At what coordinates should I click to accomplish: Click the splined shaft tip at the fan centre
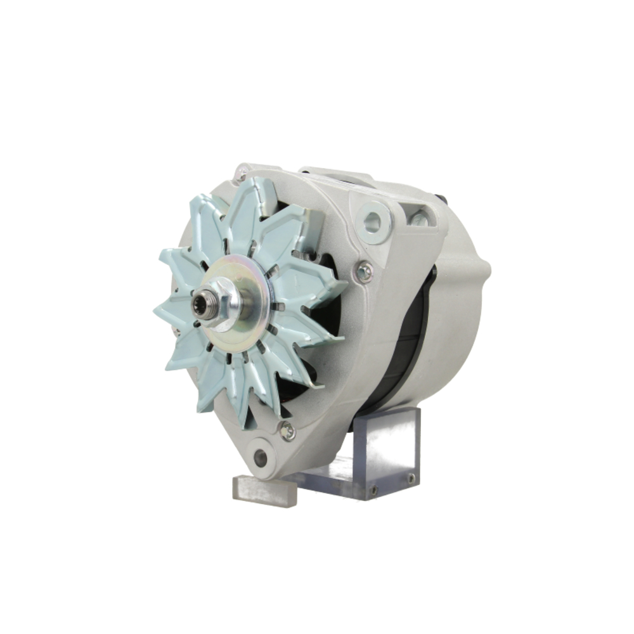(201, 305)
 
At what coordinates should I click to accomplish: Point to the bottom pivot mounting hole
(260, 457)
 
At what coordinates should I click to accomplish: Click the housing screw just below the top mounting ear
(364, 271)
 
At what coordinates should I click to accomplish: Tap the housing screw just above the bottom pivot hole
(287, 431)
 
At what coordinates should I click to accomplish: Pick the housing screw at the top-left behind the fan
(242, 171)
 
